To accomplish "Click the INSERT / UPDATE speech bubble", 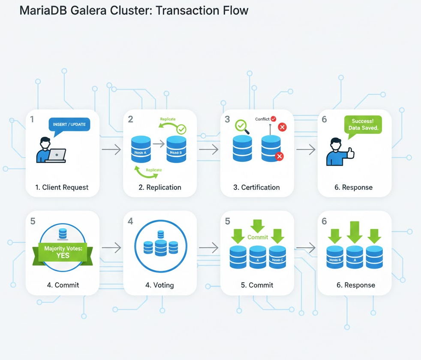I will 69,124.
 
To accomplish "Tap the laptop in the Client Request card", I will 57,155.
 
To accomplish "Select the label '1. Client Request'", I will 63,187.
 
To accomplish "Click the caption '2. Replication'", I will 160,187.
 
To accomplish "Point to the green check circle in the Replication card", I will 182,129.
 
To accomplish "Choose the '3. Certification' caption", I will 257,187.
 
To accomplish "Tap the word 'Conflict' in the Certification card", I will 262,119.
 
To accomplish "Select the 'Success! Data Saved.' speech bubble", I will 363,124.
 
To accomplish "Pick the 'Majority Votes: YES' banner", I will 63,252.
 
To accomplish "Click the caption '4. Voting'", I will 160,285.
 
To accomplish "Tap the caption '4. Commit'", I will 63,285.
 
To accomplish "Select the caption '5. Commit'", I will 257,285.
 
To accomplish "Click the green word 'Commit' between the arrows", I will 258,237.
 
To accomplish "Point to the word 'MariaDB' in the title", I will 43,10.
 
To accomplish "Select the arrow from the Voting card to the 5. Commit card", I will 208,248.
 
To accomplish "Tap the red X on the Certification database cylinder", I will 280,157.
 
